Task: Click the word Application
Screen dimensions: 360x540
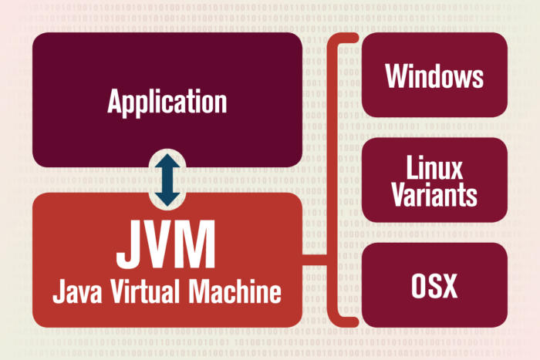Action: [167, 101]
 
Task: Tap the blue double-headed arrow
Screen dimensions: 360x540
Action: [167, 180]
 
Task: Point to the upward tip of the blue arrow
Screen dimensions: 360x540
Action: [167, 155]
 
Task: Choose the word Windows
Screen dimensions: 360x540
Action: [434, 76]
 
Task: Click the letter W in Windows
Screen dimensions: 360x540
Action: [395, 76]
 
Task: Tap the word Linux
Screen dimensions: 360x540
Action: [434, 167]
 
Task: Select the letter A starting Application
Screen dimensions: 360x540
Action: [115, 101]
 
